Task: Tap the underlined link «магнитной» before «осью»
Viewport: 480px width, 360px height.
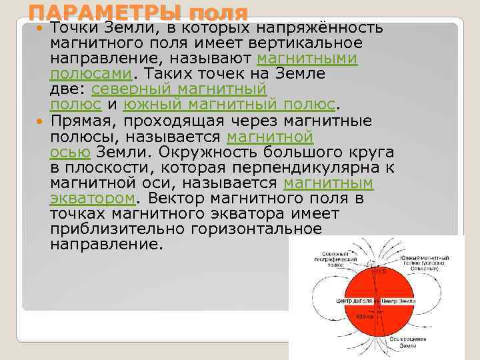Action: pyautogui.click(x=270, y=137)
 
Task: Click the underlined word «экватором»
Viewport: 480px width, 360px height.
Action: pyautogui.click(x=93, y=198)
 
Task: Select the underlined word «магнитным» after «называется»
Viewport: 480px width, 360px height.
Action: pyautogui.click(x=328, y=183)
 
